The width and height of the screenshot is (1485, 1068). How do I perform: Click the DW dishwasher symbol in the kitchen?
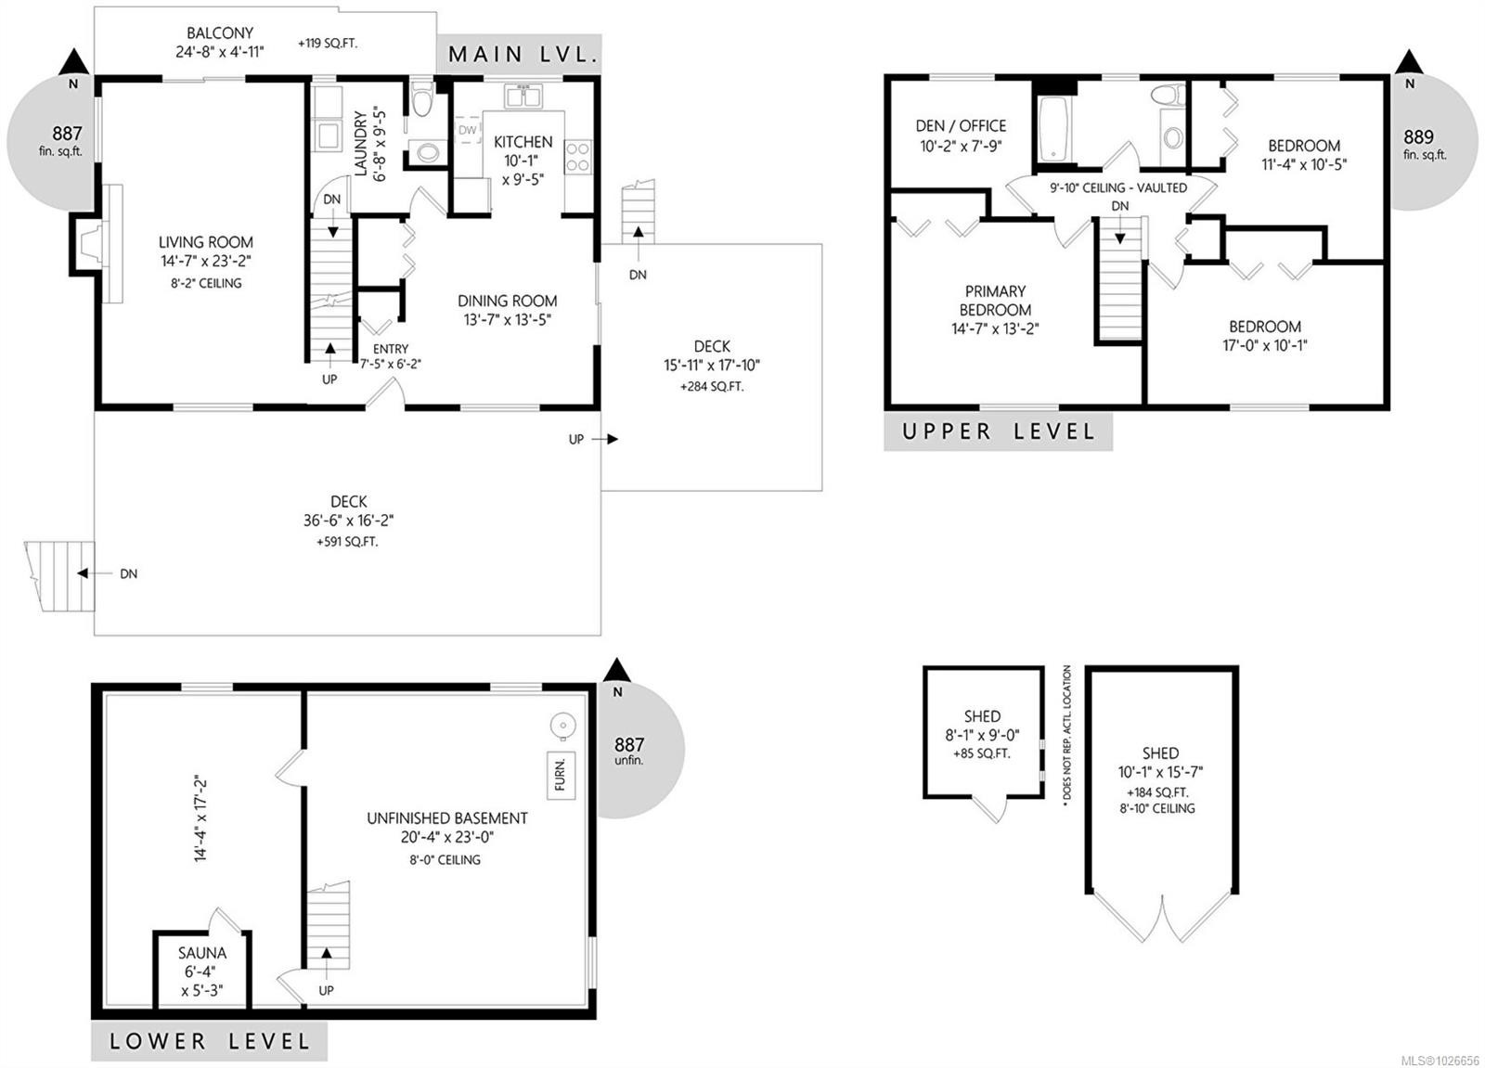[x=467, y=131]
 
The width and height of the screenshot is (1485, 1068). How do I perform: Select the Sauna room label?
[x=201, y=953]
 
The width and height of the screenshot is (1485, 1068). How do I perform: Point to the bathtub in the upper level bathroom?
[x=1053, y=130]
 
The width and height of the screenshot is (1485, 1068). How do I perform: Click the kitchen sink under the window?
[x=523, y=97]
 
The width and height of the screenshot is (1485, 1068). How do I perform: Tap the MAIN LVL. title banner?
[x=520, y=54]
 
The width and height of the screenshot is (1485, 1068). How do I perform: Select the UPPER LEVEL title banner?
[x=998, y=431]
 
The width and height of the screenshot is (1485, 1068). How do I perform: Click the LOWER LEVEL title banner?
[x=209, y=1041]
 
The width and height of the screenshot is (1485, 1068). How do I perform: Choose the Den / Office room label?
[x=961, y=125]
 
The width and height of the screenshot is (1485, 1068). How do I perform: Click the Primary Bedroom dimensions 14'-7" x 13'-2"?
[x=995, y=328]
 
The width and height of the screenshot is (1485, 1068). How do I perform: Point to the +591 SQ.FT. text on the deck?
[x=347, y=541]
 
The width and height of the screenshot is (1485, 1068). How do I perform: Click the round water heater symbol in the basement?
[x=562, y=727]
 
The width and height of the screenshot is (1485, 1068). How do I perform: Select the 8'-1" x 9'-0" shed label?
[x=982, y=735]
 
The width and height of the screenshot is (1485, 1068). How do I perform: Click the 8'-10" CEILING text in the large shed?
[x=1156, y=808]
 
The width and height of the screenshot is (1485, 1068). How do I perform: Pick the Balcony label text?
[x=220, y=33]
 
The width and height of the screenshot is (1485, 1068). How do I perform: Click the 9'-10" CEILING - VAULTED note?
[x=1118, y=187]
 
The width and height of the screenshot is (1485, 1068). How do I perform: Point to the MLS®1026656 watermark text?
[x=1440, y=1060]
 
